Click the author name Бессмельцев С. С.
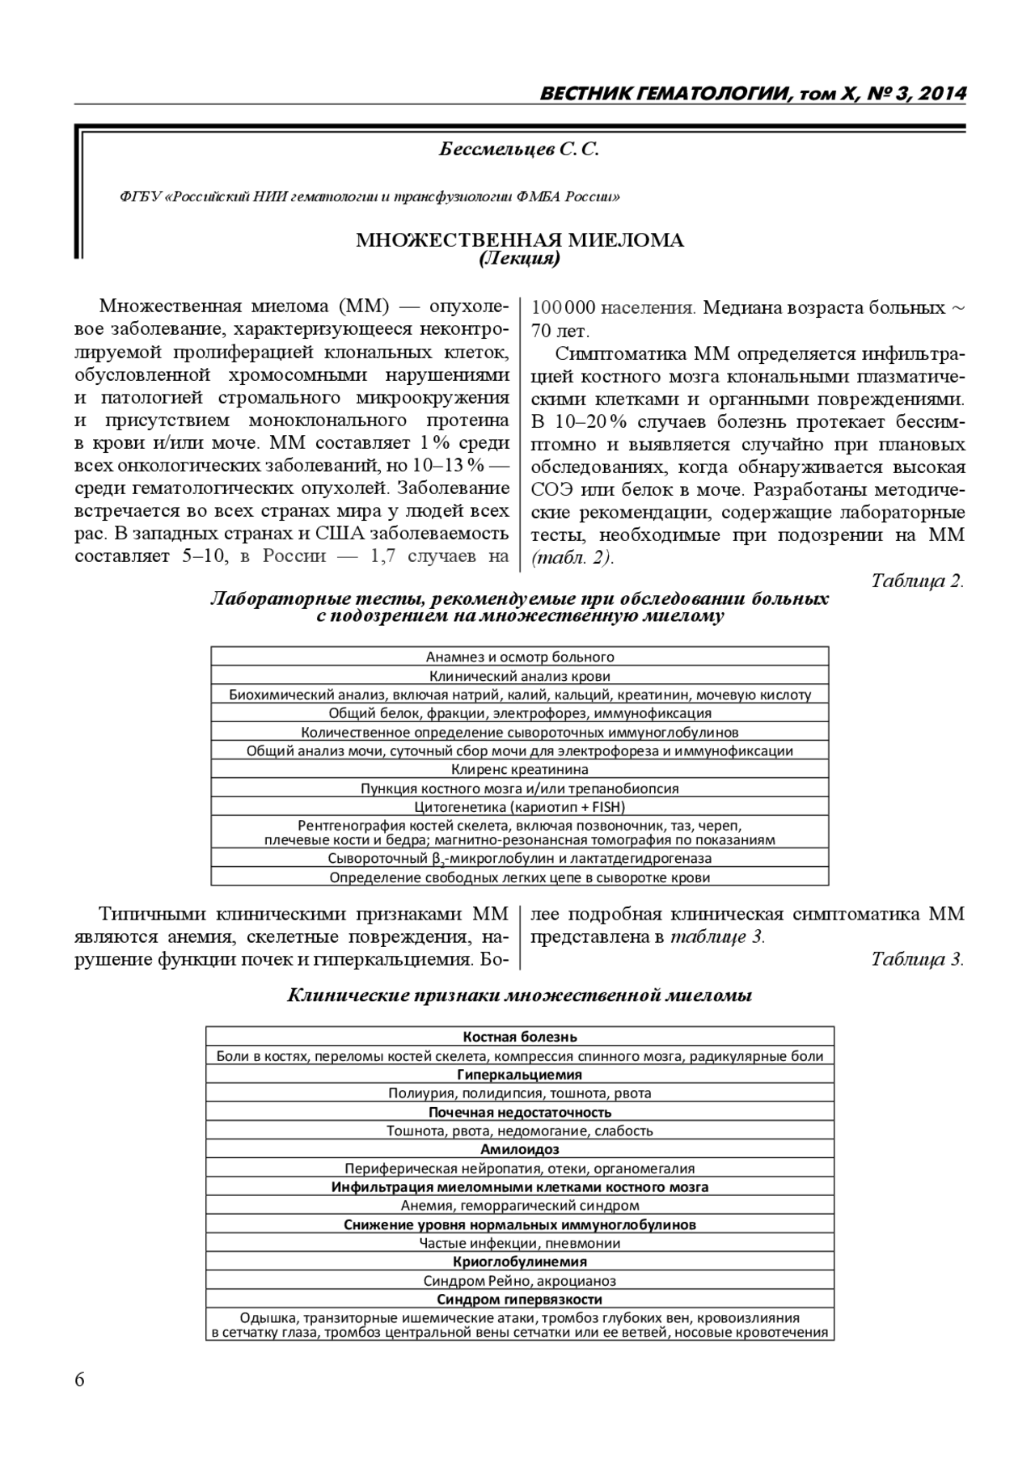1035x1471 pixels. (x=519, y=150)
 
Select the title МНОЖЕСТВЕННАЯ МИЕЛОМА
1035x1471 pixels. (x=520, y=240)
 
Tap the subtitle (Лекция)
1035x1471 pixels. (x=519, y=259)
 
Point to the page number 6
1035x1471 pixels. (x=79, y=1380)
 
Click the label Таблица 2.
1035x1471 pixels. (x=917, y=581)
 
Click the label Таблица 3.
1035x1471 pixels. (x=917, y=959)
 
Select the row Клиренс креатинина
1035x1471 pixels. (x=519, y=770)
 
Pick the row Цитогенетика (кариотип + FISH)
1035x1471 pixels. (x=519, y=807)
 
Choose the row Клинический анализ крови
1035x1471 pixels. (x=519, y=676)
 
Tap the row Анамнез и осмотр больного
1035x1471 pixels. (x=519, y=657)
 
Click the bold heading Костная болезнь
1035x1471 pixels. (x=519, y=1037)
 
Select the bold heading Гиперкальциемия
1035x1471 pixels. (x=519, y=1075)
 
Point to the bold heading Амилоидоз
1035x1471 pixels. (x=519, y=1149)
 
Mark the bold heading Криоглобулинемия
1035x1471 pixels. (x=519, y=1262)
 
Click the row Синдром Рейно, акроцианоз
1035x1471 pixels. (x=519, y=1281)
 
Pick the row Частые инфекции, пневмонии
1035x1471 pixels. (x=519, y=1244)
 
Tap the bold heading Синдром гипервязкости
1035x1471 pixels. (x=519, y=1300)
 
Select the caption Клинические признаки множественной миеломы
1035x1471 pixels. (x=519, y=995)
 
